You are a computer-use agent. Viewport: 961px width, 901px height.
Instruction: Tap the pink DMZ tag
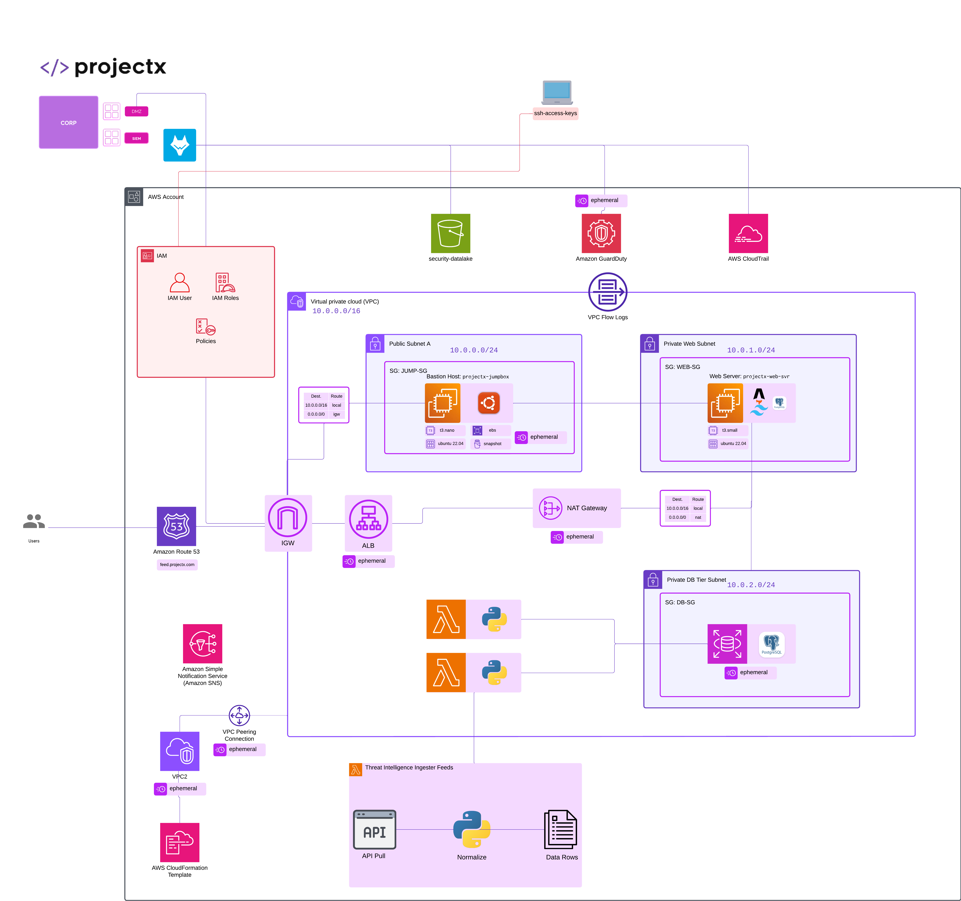point(136,111)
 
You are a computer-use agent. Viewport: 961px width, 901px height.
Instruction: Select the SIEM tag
point(136,138)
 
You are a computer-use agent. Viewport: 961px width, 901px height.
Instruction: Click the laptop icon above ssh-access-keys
point(557,92)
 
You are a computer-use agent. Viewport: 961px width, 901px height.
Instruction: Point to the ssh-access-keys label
point(555,113)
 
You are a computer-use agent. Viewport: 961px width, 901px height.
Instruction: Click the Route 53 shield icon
point(176,526)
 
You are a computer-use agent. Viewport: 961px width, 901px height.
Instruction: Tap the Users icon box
point(34,527)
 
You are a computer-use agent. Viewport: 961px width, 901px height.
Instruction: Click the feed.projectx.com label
point(177,564)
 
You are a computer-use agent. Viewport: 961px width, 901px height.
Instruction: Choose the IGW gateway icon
point(288,518)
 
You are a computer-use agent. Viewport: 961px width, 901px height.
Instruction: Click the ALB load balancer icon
point(368,519)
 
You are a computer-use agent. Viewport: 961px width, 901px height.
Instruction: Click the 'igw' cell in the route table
point(336,414)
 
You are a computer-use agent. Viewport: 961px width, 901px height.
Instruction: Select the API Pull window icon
point(375,830)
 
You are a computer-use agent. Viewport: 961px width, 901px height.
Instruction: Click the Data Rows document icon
point(561,830)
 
